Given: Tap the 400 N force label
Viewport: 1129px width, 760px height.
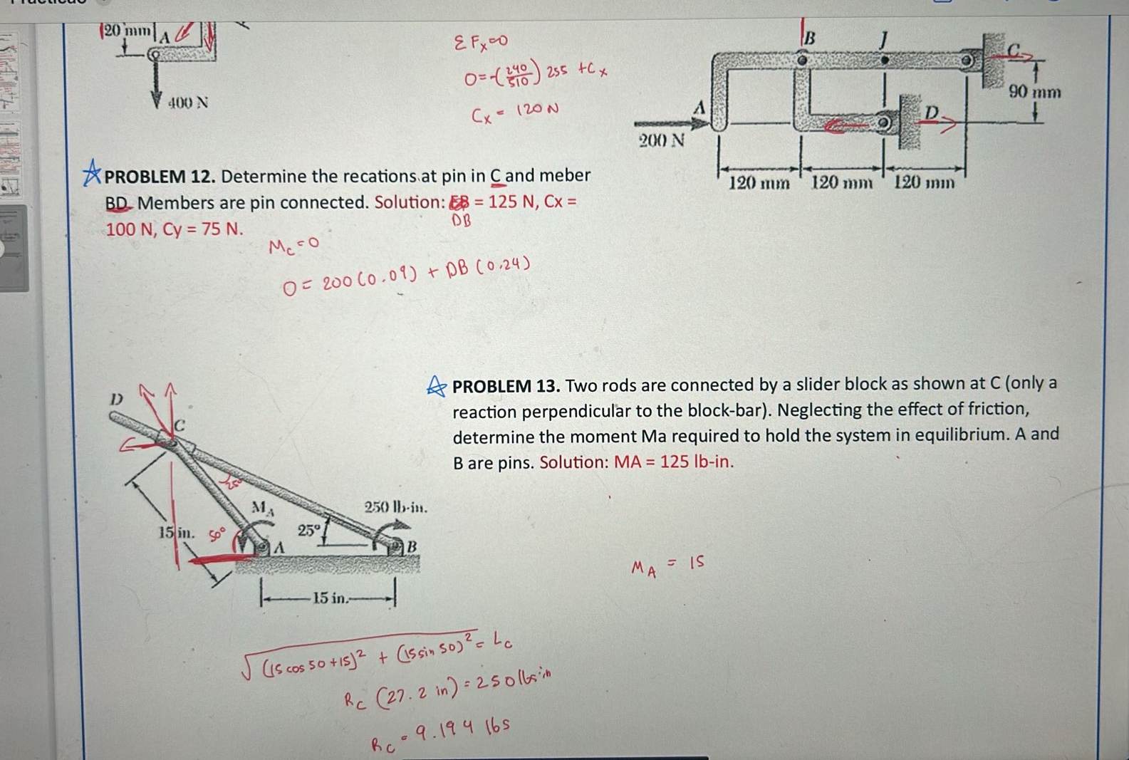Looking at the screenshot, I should coord(188,103).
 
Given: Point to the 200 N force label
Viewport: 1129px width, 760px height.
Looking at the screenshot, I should coord(661,140).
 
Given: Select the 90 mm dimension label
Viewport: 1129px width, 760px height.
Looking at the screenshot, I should coord(1035,92).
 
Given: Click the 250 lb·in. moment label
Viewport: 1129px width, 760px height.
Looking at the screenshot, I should coord(396,507).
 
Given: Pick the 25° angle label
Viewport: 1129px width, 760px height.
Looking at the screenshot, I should coord(309,530).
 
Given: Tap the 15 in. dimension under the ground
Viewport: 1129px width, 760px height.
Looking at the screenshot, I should coord(329,598).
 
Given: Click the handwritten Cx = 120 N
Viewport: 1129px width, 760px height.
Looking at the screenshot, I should coord(514,113).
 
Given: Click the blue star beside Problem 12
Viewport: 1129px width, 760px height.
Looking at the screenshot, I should coord(92,173).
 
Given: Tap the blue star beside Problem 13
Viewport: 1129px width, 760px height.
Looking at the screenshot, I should coord(436,386).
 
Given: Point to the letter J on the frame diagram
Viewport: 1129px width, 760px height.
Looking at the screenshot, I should coord(884,39).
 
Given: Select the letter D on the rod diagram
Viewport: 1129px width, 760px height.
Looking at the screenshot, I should coord(116,399).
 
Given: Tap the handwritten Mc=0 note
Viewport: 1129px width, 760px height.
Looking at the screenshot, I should coord(293,246).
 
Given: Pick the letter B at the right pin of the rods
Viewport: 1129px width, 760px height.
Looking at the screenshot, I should coord(411,547).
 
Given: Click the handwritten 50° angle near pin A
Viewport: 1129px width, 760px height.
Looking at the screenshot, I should coord(217,533).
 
